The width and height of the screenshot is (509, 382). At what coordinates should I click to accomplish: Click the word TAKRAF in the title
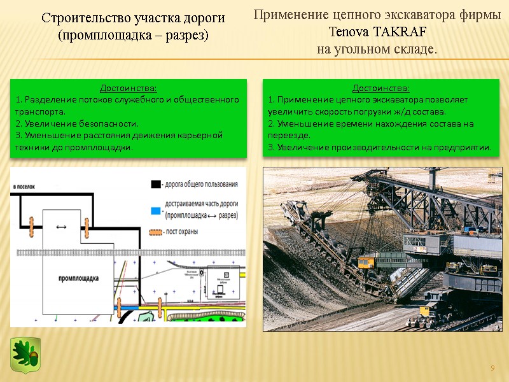pos(400,32)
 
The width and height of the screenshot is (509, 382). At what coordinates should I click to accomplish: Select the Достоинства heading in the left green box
pos(128,88)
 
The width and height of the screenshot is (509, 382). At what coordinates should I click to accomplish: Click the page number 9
pos(492,369)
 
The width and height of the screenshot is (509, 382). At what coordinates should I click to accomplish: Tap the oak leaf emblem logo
pos(25,355)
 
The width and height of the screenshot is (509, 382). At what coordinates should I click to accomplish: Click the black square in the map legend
pos(155,184)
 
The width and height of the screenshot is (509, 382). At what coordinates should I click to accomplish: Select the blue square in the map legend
pos(155,208)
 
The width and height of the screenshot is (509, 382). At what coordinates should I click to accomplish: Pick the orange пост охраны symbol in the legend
pos(155,232)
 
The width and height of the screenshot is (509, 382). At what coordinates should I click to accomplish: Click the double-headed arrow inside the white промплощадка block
pos(62,227)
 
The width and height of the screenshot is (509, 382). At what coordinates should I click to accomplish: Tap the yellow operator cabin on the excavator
pos(366,262)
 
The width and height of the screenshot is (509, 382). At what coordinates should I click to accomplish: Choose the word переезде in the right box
pos(289,136)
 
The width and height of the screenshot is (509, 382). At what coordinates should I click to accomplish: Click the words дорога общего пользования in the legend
pos(202,185)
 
